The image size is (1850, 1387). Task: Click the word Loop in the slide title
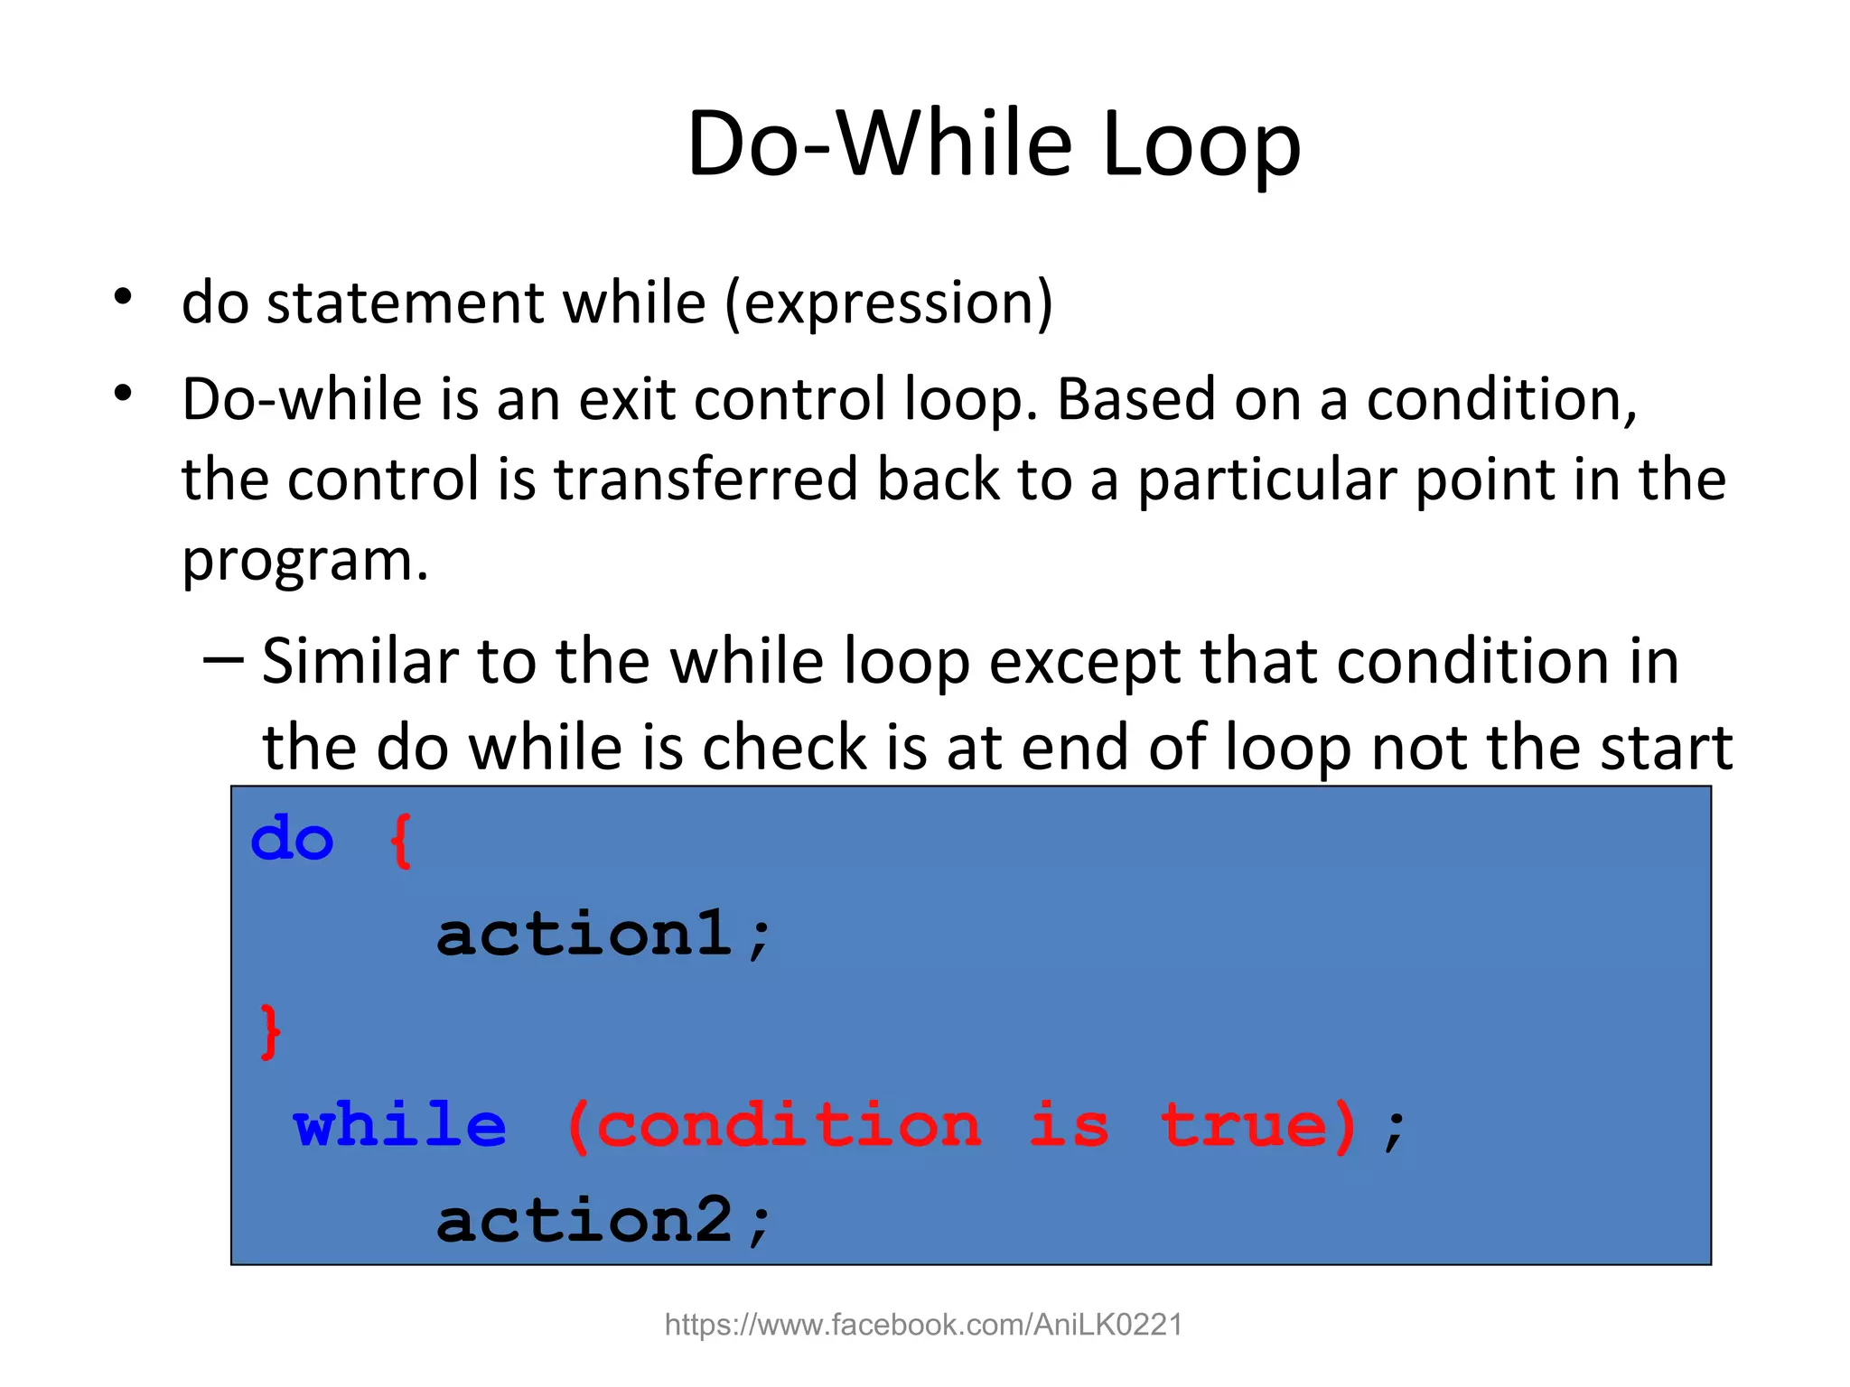coord(1201,144)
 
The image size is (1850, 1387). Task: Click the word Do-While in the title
coord(878,144)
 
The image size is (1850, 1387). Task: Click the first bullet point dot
coord(124,296)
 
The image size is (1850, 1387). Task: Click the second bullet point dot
coord(124,394)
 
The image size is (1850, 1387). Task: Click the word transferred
coord(705,479)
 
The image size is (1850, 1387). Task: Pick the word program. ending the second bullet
coord(304,562)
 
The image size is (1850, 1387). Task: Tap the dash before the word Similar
coord(222,659)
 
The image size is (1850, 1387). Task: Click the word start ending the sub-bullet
coord(1666,748)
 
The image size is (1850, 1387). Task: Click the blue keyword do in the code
coord(292,839)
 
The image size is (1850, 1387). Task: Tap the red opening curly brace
coord(401,841)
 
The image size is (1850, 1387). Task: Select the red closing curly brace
coord(269,1031)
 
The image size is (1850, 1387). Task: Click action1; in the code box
coord(603,935)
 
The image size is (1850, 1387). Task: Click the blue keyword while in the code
coord(399,1125)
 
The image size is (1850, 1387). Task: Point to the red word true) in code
coord(1260,1125)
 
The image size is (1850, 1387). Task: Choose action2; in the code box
coord(603,1221)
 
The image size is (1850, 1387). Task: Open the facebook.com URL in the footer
coord(923,1325)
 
